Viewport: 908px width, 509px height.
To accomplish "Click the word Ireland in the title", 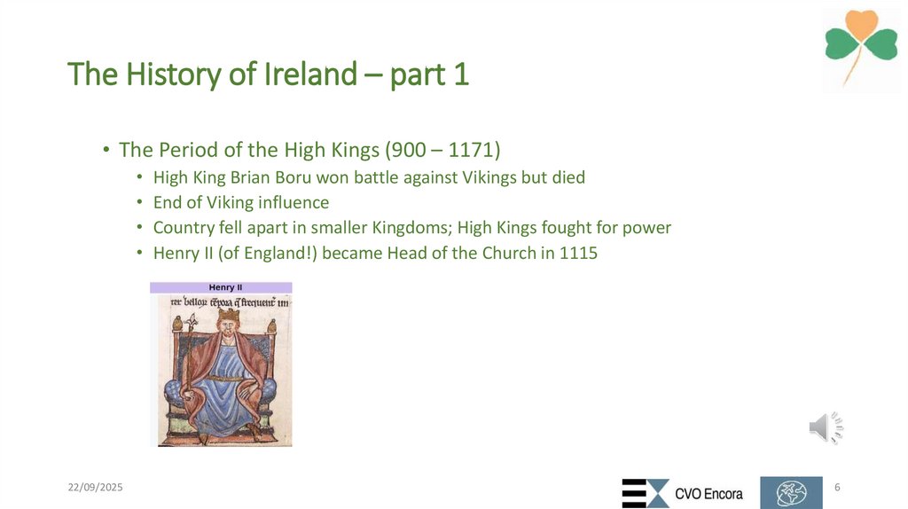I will pyautogui.click(x=309, y=75).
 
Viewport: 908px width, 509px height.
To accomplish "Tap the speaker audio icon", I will pyautogui.click(x=825, y=428).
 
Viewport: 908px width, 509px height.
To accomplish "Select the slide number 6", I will pyautogui.click(x=838, y=488).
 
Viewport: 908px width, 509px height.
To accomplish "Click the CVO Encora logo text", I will pyautogui.click(x=708, y=494).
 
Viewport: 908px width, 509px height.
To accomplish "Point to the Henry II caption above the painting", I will pyautogui.click(x=221, y=287).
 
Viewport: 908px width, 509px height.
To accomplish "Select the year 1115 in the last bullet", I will pyautogui.click(x=578, y=254).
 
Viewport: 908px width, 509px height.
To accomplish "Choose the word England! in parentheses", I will pyautogui.click(x=283, y=254).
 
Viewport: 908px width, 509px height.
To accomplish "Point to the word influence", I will pyautogui.click(x=292, y=203).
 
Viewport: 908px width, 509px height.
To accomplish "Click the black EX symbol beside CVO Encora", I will pyautogui.click(x=645, y=493).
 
